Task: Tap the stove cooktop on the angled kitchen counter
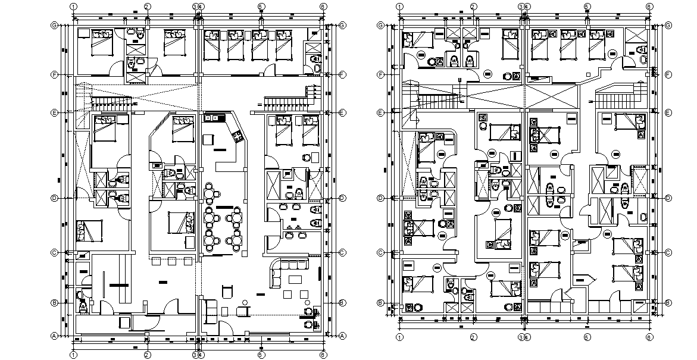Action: (240, 137)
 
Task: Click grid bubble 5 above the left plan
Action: (261, 6)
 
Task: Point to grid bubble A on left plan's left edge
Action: (55, 336)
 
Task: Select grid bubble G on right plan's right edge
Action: (668, 26)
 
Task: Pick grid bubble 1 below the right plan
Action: (399, 337)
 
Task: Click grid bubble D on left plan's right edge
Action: (342, 198)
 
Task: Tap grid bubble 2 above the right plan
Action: (473, 6)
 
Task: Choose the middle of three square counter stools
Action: (173, 261)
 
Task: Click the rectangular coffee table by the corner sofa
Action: (296, 280)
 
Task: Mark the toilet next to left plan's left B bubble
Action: (82, 306)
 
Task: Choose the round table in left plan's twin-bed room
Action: (307, 158)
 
